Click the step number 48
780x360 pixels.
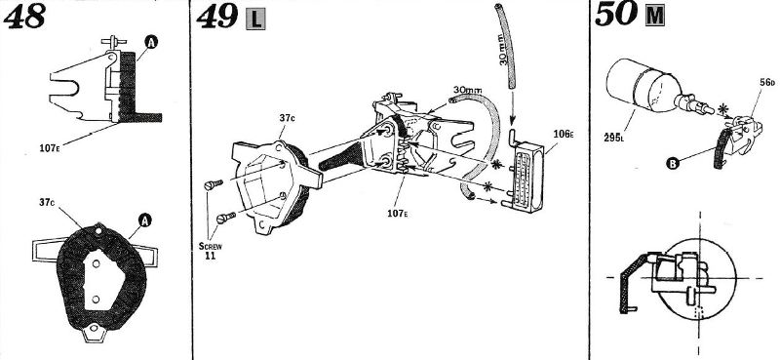click(24, 16)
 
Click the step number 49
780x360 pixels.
click(216, 16)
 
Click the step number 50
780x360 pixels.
click(616, 15)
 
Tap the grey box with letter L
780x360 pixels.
click(255, 19)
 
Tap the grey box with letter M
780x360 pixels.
click(654, 17)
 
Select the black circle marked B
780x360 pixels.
click(673, 162)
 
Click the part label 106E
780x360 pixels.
click(564, 134)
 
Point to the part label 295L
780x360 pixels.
click(614, 138)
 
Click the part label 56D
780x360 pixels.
click(767, 82)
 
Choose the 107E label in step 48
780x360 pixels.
click(50, 148)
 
